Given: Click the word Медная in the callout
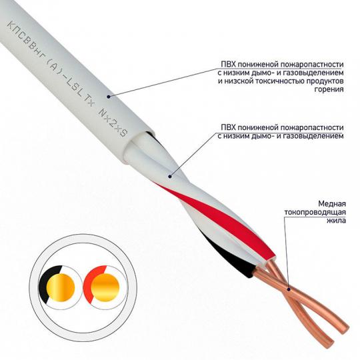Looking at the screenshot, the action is [x=332, y=204].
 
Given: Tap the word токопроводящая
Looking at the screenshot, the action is [x=315, y=213].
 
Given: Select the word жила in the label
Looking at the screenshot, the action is [x=337, y=221].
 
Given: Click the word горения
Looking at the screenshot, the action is [x=329, y=89].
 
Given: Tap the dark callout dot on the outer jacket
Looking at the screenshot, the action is [x=109, y=97].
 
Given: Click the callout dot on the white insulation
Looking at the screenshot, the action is [x=170, y=176].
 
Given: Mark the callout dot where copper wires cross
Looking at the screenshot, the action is [x=289, y=289].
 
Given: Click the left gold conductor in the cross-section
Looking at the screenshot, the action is [x=61, y=287].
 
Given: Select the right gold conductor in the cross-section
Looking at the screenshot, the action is [x=105, y=287].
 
